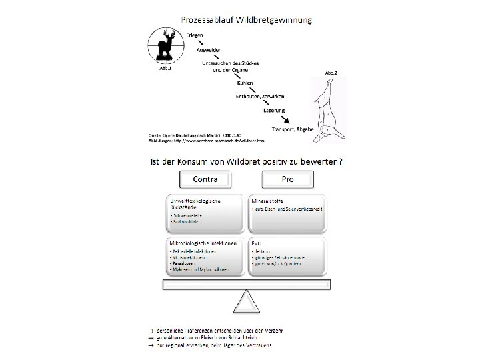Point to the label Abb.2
331,71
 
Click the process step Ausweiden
209,49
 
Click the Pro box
289,179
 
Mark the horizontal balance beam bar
247,285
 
